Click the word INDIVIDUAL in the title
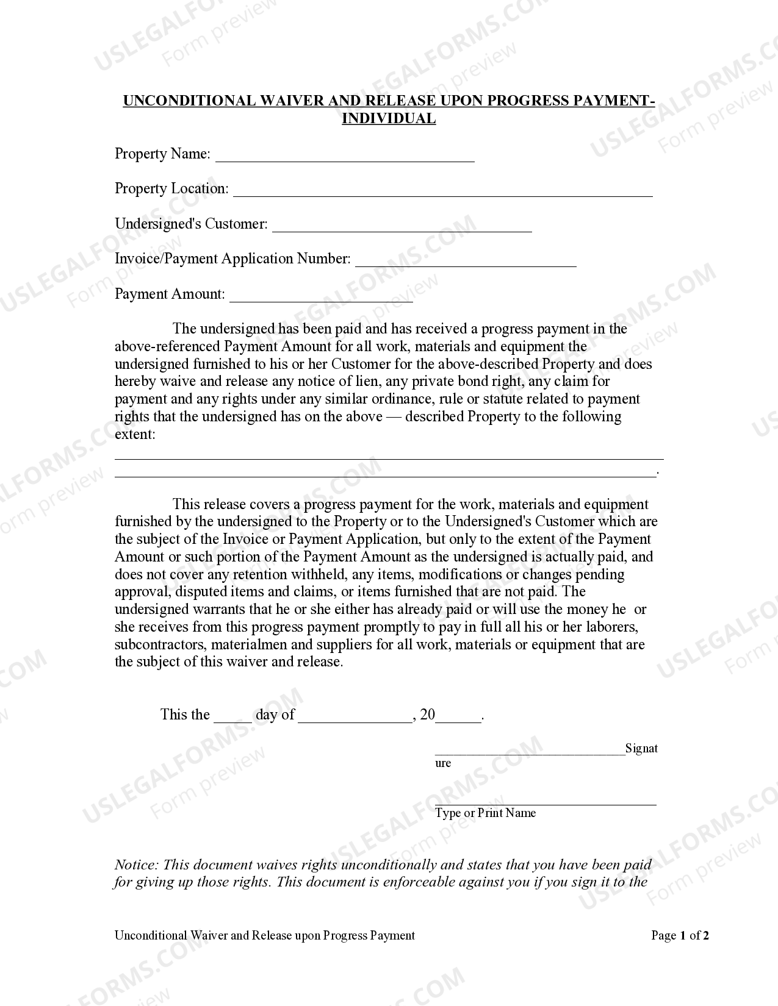[x=389, y=118]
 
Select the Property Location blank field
[x=442, y=193]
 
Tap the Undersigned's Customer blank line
[x=402, y=229]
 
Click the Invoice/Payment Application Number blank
[x=466, y=263]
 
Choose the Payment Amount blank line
[x=321, y=299]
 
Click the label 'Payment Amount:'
[x=170, y=294]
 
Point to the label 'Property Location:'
[x=171, y=188]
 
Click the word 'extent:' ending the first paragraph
[x=135, y=434]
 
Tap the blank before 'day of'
[x=232, y=719]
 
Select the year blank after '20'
[x=459, y=719]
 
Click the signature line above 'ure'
[x=530, y=753]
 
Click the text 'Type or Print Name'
[x=485, y=813]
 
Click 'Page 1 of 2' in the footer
[x=680, y=935]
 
